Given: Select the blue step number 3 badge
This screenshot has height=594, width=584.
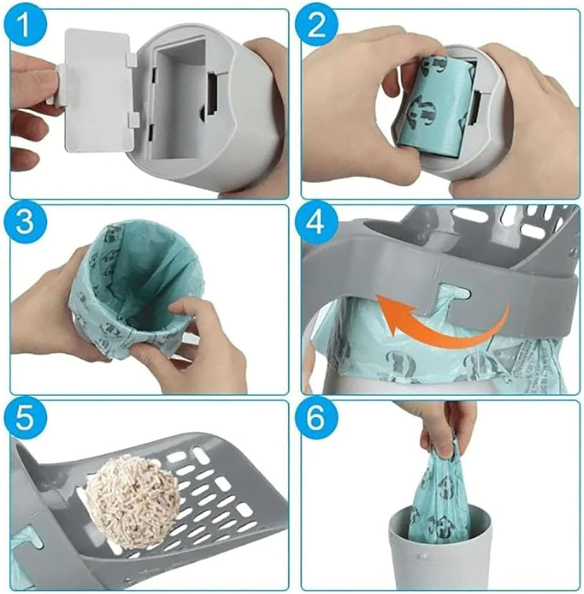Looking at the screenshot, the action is pyautogui.click(x=25, y=222).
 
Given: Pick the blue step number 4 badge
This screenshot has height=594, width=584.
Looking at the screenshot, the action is pyautogui.click(x=317, y=222).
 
